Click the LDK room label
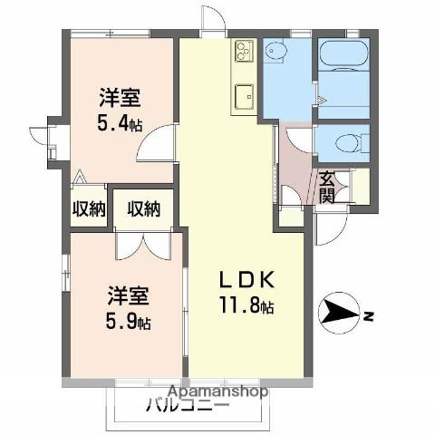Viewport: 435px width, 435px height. click(243, 278)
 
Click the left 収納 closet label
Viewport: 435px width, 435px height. click(88, 208)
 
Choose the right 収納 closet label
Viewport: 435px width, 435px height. click(143, 208)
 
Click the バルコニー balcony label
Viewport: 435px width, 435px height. click(188, 406)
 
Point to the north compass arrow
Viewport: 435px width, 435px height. click(340, 314)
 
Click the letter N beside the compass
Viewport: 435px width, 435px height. click(370, 315)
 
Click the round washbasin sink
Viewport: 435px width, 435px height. click(277, 53)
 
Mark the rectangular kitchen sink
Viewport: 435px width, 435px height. click(244, 94)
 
